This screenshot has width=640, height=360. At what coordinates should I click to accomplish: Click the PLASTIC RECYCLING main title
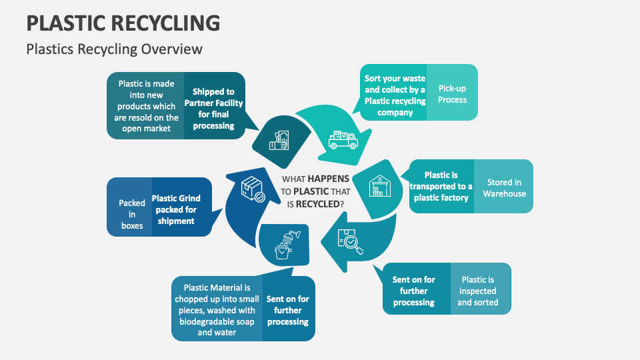[123, 23]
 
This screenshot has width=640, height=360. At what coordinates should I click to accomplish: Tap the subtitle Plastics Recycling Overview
[114, 49]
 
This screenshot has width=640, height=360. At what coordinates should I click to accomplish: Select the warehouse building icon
[379, 187]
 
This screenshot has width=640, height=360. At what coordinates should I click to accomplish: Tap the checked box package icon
[252, 189]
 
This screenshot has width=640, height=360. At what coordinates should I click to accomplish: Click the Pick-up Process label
[452, 94]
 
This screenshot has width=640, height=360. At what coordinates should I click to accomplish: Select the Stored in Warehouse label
[504, 188]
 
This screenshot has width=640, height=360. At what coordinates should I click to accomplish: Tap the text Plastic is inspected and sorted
[477, 291]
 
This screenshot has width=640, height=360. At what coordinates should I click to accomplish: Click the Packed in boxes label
[132, 214]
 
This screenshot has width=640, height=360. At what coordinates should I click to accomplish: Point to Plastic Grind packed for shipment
[176, 209]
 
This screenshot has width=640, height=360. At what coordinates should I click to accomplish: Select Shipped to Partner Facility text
[213, 109]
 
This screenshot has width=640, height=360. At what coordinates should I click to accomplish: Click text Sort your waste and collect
[395, 95]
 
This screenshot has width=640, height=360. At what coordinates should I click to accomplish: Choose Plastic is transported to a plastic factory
[441, 186]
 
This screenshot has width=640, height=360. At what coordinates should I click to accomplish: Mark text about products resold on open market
[146, 106]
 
